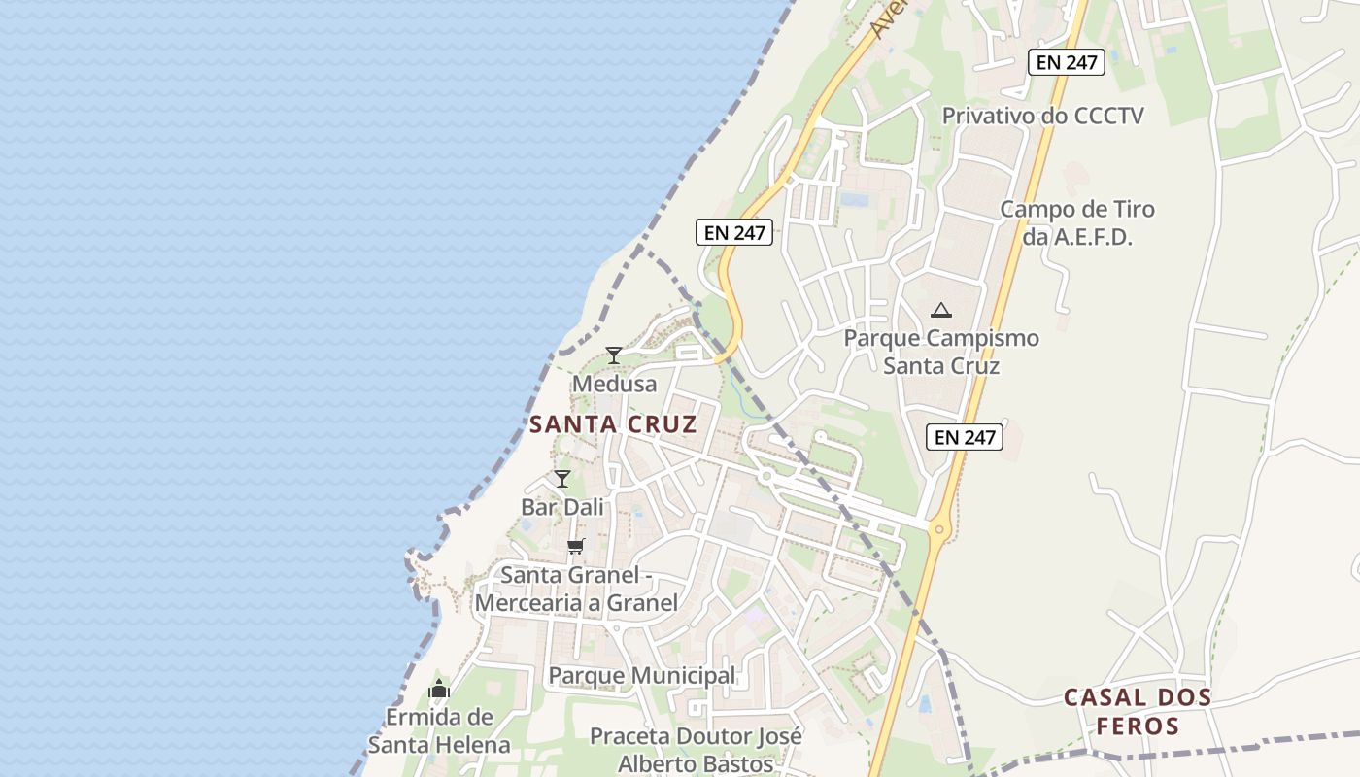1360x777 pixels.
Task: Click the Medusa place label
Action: (614, 384)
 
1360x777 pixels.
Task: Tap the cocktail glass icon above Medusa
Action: (614, 355)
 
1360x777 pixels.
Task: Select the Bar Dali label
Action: (562, 507)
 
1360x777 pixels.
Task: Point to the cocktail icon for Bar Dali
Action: (562, 478)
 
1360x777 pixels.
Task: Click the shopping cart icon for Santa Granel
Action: (576, 546)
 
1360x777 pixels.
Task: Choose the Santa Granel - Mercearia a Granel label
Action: (576, 589)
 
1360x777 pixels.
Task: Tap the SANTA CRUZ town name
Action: (613, 424)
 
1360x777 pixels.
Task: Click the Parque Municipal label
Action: (642, 675)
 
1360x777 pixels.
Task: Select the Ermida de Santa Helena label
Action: (439, 730)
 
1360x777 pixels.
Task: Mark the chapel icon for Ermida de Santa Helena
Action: (439, 690)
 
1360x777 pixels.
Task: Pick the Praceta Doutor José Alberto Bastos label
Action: (696, 749)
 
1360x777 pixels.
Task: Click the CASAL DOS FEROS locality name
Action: (1138, 711)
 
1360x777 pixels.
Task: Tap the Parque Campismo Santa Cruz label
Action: (941, 352)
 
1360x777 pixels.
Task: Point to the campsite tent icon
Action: (940, 311)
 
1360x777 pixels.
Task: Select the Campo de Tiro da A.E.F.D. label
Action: (1077, 222)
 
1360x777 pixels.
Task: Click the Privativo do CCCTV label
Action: (1043, 116)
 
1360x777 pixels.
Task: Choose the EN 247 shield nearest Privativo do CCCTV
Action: (1067, 62)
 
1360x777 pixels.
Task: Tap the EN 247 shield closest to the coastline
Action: (734, 232)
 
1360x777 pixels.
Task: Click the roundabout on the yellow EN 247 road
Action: (938, 530)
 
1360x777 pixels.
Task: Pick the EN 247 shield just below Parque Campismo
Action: (965, 437)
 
